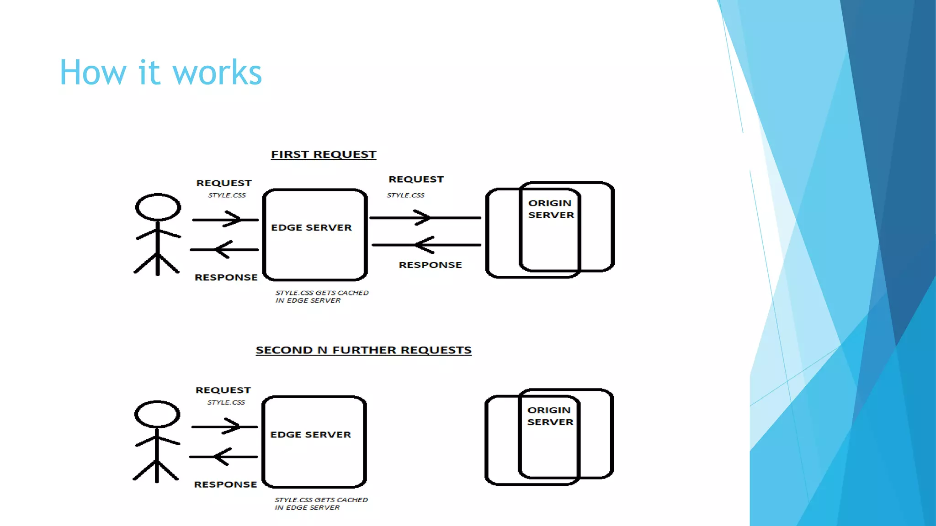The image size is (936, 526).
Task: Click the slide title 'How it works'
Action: [x=160, y=73]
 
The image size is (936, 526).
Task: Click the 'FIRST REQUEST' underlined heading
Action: [x=323, y=155]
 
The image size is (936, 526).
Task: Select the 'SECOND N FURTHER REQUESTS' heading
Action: [x=363, y=350]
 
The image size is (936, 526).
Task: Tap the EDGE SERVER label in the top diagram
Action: [x=311, y=227]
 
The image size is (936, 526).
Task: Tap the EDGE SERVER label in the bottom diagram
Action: [x=310, y=435]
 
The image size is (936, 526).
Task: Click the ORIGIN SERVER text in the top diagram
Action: [x=551, y=209]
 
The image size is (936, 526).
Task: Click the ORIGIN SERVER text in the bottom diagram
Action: [x=550, y=416]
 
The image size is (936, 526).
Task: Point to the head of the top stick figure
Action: [x=158, y=207]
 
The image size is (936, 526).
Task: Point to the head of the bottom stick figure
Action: [x=157, y=414]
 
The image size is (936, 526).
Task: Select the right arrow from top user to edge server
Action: [x=225, y=220]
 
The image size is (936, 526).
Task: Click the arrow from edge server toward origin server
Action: [x=425, y=218]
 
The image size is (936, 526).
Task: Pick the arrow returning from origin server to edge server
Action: [x=426, y=245]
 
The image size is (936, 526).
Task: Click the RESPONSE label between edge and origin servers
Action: [x=430, y=265]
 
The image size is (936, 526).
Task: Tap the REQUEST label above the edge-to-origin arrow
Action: [x=416, y=179]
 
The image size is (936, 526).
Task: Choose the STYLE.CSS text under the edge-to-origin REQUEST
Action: [x=405, y=195]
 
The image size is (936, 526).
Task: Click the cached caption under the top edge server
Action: [x=321, y=296]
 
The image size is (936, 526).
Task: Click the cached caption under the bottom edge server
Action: [x=320, y=504]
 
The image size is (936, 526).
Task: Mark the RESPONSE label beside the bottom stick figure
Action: [x=225, y=484]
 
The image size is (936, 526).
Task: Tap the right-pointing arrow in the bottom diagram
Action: [x=224, y=427]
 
